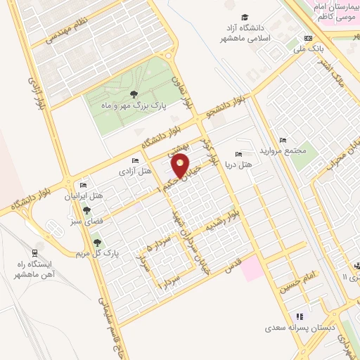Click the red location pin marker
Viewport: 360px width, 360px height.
pyautogui.click(x=180, y=166)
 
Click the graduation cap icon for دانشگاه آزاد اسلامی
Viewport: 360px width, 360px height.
pyautogui.click(x=244, y=18)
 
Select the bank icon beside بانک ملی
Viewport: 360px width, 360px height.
pyautogui.click(x=307, y=39)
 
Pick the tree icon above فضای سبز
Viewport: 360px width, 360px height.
pyautogui.click(x=86, y=210)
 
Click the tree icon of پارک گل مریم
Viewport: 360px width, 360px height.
pyautogui.click(x=97, y=243)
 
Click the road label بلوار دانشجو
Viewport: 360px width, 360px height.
pyautogui.click(x=224, y=108)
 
